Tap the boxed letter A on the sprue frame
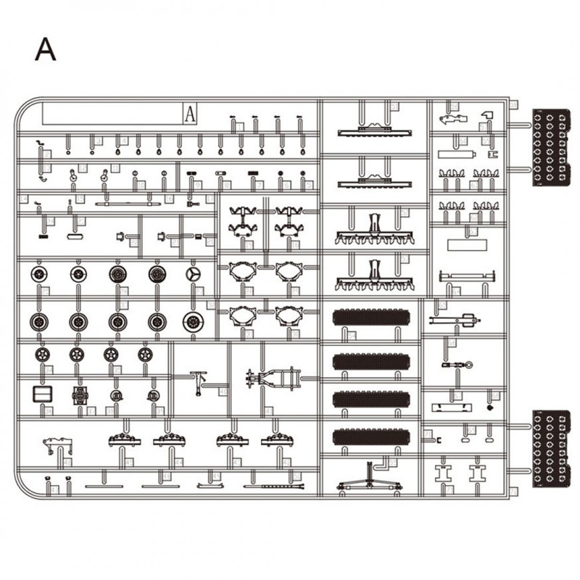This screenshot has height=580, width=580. [x=190, y=113]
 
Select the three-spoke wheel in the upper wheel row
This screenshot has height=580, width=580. [x=194, y=274]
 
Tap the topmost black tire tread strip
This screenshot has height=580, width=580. [x=370, y=318]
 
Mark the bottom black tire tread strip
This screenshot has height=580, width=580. [x=370, y=436]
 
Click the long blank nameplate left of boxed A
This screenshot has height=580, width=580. [x=112, y=113]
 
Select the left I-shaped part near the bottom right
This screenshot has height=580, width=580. [x=442, y=474]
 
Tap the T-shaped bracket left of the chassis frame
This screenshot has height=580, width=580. [x=199, y=380]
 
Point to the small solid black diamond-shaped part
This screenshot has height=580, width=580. [x=491, y=408]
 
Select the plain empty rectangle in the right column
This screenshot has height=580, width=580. [x=467, y=244]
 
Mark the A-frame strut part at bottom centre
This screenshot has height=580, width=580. [x=369, y=481]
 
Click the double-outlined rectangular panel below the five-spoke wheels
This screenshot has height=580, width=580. [x=43, y=394]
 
